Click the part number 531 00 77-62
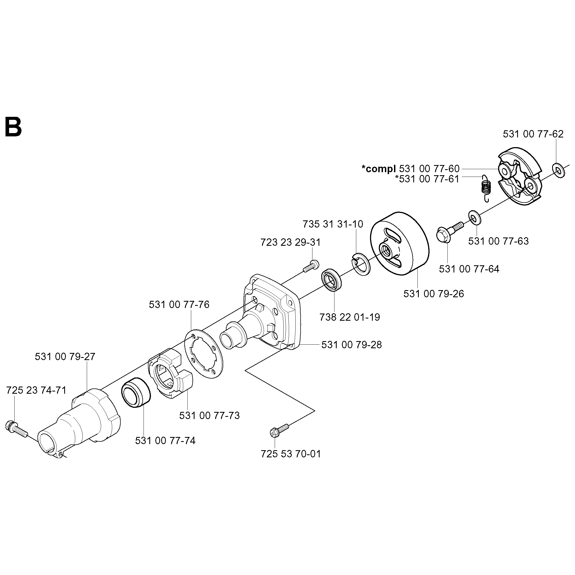click(x=533, y=134)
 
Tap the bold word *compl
click(x=379, y=169)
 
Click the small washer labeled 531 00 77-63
click(x=474, y=218)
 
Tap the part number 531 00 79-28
click(x=352, y=345)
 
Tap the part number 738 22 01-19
click(x=350, y=317)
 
